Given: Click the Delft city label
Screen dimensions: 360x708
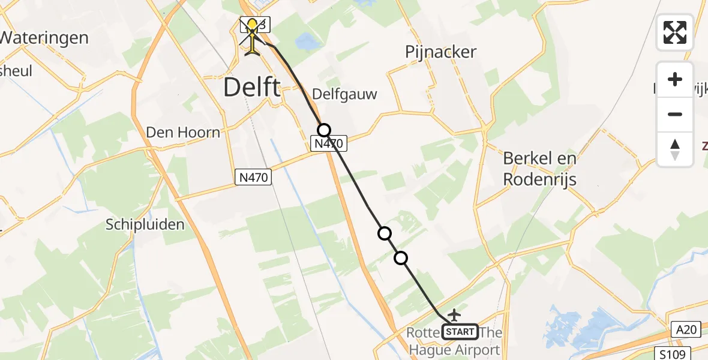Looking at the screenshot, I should pos(251,88).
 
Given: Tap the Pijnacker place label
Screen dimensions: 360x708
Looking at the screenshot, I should pos(440,52).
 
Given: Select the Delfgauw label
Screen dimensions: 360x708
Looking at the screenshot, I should pos(344,94).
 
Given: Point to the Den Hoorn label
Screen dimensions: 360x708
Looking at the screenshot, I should pos(183,133).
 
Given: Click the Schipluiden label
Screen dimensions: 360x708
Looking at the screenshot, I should pos(145,224).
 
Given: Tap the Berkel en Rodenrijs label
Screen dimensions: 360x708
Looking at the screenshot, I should pos(539,169).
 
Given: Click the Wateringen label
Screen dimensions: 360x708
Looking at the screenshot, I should pos(44,38).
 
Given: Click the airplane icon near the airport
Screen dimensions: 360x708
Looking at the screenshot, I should pos(454,314).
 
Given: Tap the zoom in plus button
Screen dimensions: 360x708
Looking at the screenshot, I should pos(675,79).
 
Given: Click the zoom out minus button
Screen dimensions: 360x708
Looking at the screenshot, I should pos(675,114).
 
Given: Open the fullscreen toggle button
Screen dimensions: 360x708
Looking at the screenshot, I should pos(675,32).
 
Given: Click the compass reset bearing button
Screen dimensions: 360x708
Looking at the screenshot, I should pos(675,149).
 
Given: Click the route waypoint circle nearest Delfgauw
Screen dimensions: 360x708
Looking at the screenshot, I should pos(324,130).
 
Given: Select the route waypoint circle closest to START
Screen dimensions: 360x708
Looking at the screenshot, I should pos(401,258).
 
